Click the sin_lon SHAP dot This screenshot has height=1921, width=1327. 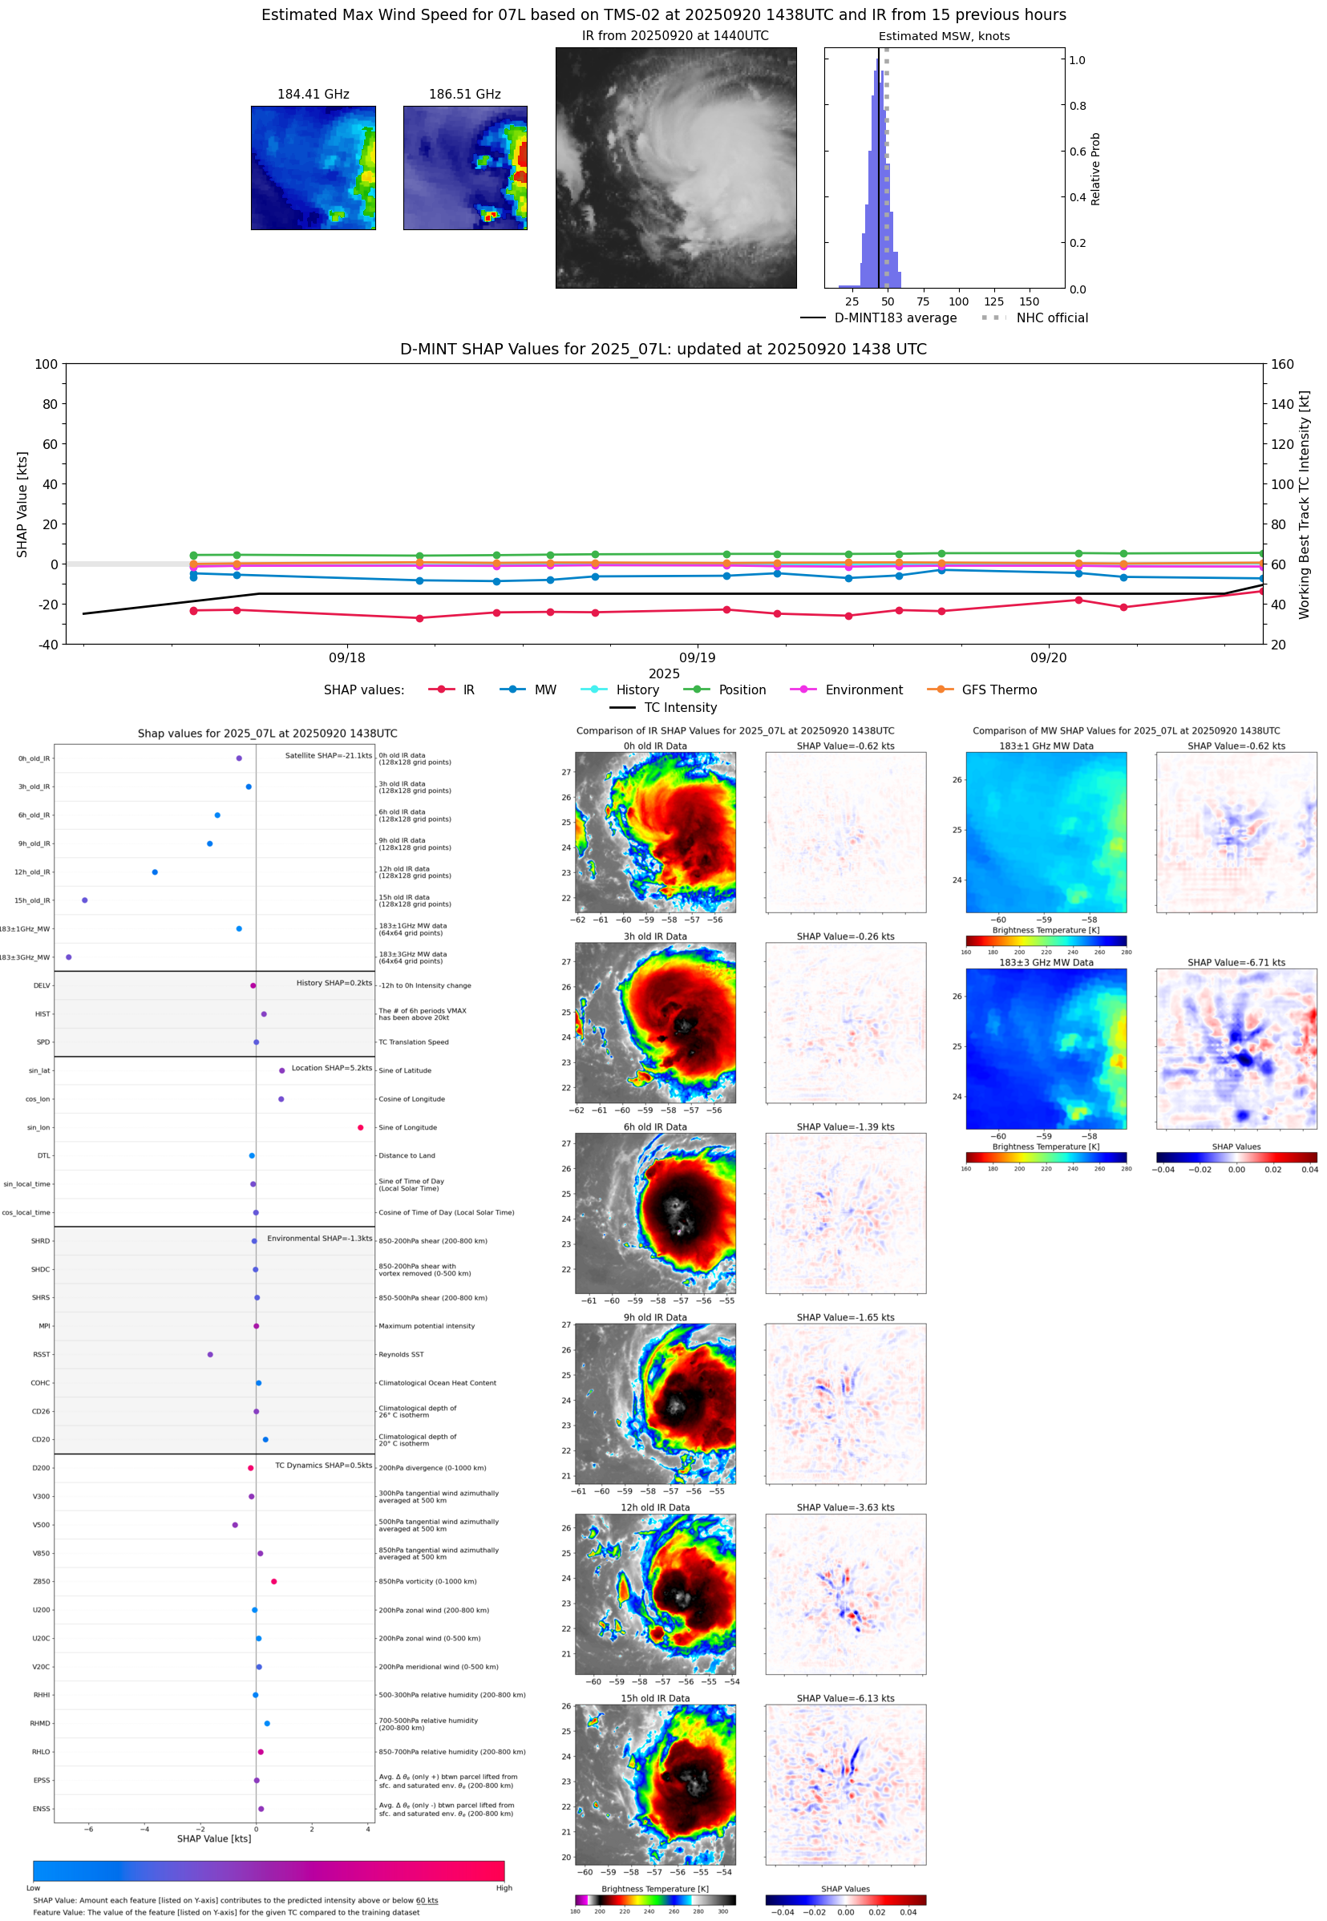click(x=360, y=1127)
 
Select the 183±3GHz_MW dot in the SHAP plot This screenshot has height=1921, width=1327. click(x=68, y=956)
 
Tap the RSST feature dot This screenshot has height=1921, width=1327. click(x=209, y=1354)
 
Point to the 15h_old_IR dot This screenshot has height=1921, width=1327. click(x=85, y=900)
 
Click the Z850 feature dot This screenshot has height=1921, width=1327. click(x=273, y=1581)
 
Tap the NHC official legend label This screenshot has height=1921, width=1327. click(x=1052, y=317)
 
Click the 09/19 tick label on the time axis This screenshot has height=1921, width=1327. click(x=697, y=657)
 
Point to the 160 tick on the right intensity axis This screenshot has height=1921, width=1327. click(x=1282, y=364)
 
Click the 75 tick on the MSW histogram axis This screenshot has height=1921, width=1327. click(x=923, y=301)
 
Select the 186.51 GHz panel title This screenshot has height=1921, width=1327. click(x=465, y=95)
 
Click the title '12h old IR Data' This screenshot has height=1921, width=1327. click(x=655, y=1507)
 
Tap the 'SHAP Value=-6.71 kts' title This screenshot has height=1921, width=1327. click(x=1236, y=963)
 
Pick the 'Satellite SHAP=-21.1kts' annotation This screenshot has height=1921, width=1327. click(x=329, y=755)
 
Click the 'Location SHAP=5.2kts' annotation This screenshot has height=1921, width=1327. click(x=332, y=1068)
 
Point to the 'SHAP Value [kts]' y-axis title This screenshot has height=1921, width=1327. click(x=22, y=504)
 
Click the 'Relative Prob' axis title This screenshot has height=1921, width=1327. click(x=1095, y=168)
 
